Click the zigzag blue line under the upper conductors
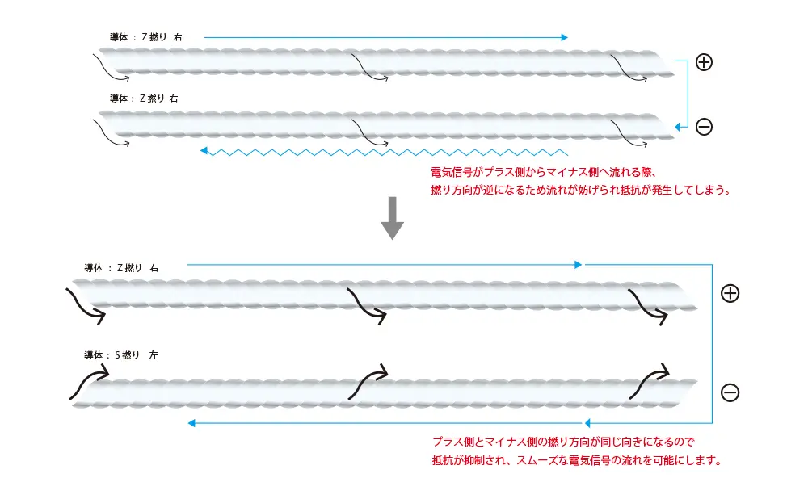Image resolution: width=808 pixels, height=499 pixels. pos(384,152)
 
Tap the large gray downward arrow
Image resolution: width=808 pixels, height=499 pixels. pos(392,218)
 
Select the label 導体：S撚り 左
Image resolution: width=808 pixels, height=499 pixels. pos(121,355)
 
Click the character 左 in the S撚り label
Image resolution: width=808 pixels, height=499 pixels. pos(154,355)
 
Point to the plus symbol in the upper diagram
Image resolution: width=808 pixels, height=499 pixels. pos(704,62)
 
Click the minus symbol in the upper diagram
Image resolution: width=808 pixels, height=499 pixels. pos(704,127)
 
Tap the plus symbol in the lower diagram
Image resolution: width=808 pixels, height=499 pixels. pos(730,294)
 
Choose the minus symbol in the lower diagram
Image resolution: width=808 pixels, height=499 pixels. pos(730,393)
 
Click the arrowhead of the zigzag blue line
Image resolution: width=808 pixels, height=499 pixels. pos(204,151)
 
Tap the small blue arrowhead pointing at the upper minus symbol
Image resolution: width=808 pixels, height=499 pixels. pos(679,127)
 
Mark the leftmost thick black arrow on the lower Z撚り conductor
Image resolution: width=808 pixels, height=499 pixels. pos(86,306)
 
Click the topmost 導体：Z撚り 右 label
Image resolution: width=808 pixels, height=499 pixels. pos(145,37)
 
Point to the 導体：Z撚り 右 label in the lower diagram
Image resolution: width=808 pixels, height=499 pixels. pos(121,268)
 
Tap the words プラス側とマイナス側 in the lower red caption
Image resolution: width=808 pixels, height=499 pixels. pos(484,442)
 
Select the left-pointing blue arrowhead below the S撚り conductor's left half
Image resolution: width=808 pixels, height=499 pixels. pos(191,423)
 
